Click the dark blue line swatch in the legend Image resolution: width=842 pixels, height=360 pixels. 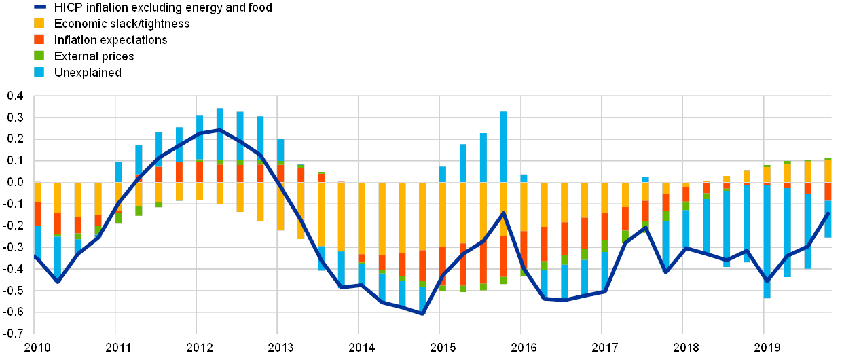point(40,7)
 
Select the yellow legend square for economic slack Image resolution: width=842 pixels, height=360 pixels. point(40,24)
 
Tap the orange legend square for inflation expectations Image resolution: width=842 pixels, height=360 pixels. point(40,39)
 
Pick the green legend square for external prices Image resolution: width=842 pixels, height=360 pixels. point(40,56)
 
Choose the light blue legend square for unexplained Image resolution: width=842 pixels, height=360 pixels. point(40,72)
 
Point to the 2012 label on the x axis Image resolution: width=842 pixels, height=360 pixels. point(200,348)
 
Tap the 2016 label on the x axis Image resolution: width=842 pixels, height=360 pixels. point(524,348)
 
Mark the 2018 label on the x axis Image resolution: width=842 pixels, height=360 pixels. point(686,348)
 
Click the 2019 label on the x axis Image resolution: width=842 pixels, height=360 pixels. point(767,348)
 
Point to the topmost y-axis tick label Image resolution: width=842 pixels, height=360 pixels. point(14,96)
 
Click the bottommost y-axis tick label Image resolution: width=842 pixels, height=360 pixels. point(14,333)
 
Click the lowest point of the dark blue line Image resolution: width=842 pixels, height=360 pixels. point(422,314)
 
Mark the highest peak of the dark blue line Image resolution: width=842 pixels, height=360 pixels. point(219,129)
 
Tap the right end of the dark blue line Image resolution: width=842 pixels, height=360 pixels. point(828,213)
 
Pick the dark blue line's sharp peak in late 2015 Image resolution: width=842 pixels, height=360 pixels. point(503,213)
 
